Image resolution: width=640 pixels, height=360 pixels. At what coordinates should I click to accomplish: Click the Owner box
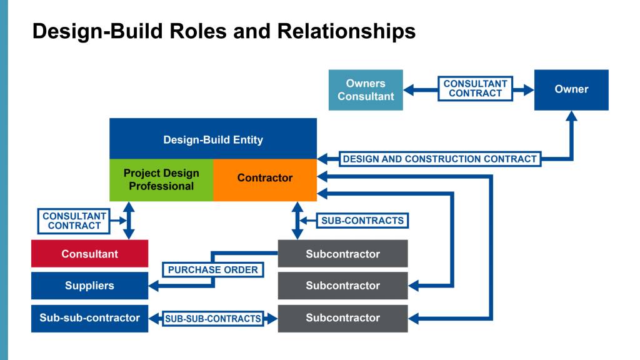pyautogui.click(x=571, y=90)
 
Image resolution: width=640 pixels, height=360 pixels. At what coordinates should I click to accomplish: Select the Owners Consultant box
pyautogui.click(x=366, y=90)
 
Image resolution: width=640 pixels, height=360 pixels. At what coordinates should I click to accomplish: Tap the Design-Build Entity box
pyautogui.click(x=213, y=139)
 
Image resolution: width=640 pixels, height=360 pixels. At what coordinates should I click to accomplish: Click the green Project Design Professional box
pyautogui.click(x=161, y=180)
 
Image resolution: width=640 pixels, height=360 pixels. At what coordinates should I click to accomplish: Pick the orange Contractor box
pyautogui.click(x=265, y=180)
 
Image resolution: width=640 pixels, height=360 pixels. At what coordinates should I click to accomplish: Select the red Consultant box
pyautogui.click(x=90, y=254)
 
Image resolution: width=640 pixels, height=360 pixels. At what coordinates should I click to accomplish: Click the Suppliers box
pyautogui.click(x=90, y=286)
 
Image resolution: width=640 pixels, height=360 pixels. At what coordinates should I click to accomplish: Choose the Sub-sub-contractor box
pyautogui.click(x=90, y=318)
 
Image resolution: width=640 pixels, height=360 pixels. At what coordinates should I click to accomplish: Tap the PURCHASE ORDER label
pyautogui.click(x=212, y=270)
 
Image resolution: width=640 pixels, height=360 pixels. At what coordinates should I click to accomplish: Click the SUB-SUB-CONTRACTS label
pyautogui.click(x=212, y=318)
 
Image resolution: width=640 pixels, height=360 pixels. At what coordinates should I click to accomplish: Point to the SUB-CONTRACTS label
pyautogui.click(x=362, y=221)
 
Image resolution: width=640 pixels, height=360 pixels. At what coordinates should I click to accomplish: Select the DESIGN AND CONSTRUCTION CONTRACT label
pyautogui.click(x=440, y=159)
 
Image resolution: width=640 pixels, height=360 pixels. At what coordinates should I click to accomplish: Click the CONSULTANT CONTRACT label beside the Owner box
pyautogui.click(x=475, y=89)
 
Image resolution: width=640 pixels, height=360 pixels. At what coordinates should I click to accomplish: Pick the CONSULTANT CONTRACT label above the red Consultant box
pyautogui.click(x=74, y=221)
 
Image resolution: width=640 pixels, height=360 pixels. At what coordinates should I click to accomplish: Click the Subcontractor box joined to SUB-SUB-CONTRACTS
pyautogui.click(x=343, y=318)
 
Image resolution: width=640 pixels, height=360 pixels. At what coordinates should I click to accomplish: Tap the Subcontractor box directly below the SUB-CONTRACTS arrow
pyautogui.click(x=343, y=254)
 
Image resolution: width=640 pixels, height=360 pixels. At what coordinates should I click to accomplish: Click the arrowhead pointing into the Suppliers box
pyautogui.click(x=154, y=286)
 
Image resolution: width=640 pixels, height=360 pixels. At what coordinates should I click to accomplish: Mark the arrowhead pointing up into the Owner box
pyautogui.click(x=571, y=116)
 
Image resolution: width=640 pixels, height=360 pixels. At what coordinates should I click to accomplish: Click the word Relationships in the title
pyautogui.click(x=346, y=32)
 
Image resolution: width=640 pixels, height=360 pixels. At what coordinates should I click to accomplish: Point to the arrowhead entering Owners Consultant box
pyautogui.click(x=409, y=90)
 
